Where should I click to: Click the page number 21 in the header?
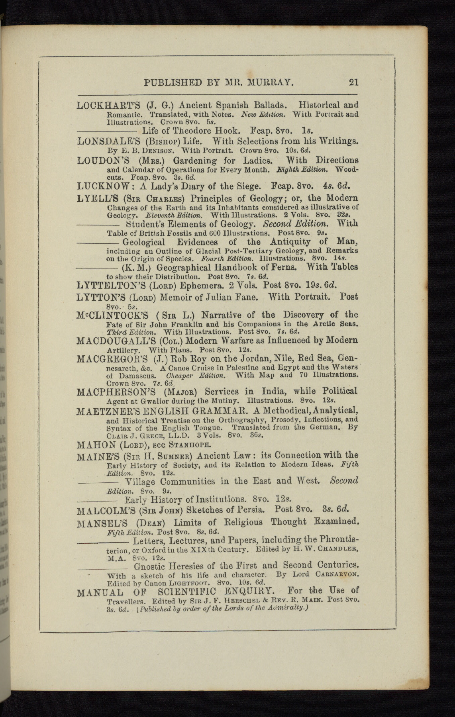[353, 82]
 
